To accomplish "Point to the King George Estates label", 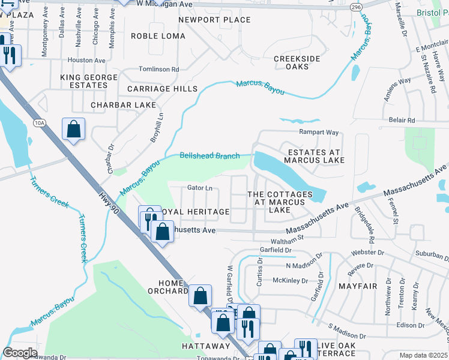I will click(83, 82).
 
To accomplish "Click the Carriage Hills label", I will click(162, 89).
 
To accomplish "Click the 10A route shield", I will click(40, 123).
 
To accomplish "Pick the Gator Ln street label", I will click(200, 188).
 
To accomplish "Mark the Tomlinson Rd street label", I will click(158, 70).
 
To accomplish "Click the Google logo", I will click(20, 353).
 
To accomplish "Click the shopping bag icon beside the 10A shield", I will click(73, 129).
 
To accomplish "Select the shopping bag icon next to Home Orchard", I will click(200, 295).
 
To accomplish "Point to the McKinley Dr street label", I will click(290, 280).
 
